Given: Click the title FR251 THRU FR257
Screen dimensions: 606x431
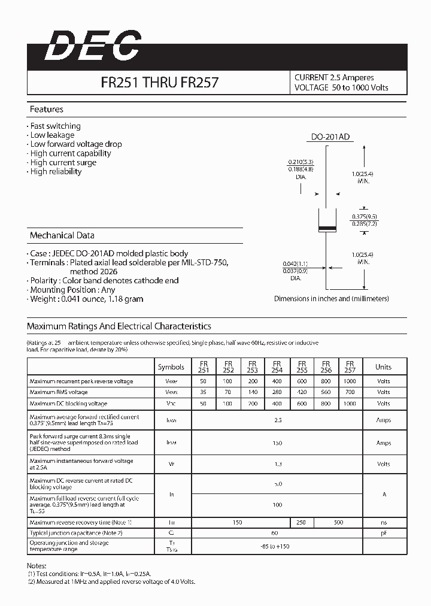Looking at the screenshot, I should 159,83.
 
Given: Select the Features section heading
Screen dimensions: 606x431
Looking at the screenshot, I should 46,110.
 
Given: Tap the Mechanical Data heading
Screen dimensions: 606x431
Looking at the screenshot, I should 62,235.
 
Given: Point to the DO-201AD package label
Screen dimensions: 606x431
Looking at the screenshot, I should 330,137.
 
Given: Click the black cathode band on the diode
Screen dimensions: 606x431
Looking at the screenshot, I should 326,230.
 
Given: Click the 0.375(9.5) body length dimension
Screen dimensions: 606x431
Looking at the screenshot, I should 365,216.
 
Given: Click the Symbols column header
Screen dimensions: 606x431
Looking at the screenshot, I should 171,367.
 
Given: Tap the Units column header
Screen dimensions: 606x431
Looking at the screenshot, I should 383,367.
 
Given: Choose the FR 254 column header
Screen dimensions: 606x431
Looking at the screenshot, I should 277,366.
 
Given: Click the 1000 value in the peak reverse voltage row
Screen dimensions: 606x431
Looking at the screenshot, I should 350,381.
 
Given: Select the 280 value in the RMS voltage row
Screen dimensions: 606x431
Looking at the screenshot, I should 277,392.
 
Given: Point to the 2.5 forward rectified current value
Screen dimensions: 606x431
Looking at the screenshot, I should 277,420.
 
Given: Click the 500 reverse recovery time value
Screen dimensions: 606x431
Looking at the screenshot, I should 338,523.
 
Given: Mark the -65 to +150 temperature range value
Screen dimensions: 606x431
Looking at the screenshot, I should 277,547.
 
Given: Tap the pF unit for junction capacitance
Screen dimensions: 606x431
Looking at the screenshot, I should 383,533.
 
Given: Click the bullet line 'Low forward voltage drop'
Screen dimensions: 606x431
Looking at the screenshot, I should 75,144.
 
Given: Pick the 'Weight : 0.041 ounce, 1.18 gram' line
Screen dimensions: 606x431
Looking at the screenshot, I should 86,299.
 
